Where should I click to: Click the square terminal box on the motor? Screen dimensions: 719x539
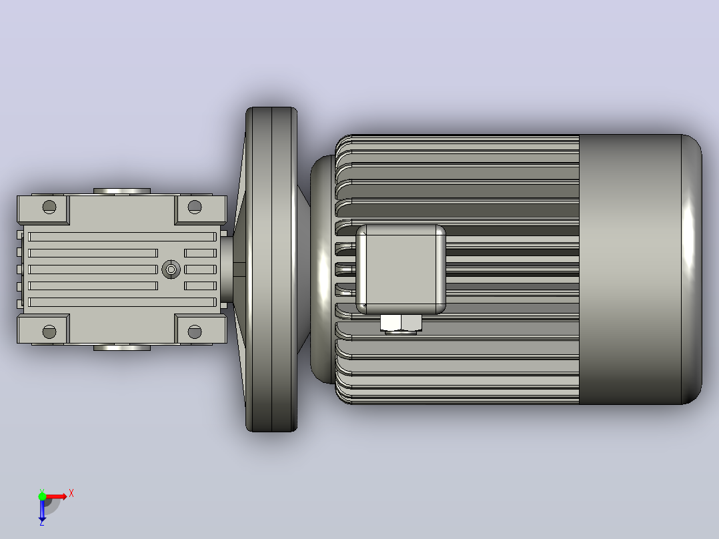coord(401,269)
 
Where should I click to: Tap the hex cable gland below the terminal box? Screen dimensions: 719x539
coord(401,324)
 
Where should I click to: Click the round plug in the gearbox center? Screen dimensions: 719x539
coord(171,269)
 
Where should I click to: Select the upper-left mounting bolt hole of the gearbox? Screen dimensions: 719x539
coord(49,207)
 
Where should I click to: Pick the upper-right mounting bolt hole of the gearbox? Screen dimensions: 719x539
coord(195,207)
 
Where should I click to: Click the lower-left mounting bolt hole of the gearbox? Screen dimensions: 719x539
coord(49,332)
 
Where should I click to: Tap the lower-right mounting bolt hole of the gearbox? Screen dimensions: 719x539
coord(195,332)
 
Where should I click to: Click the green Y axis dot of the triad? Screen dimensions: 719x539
coord(42,496)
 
